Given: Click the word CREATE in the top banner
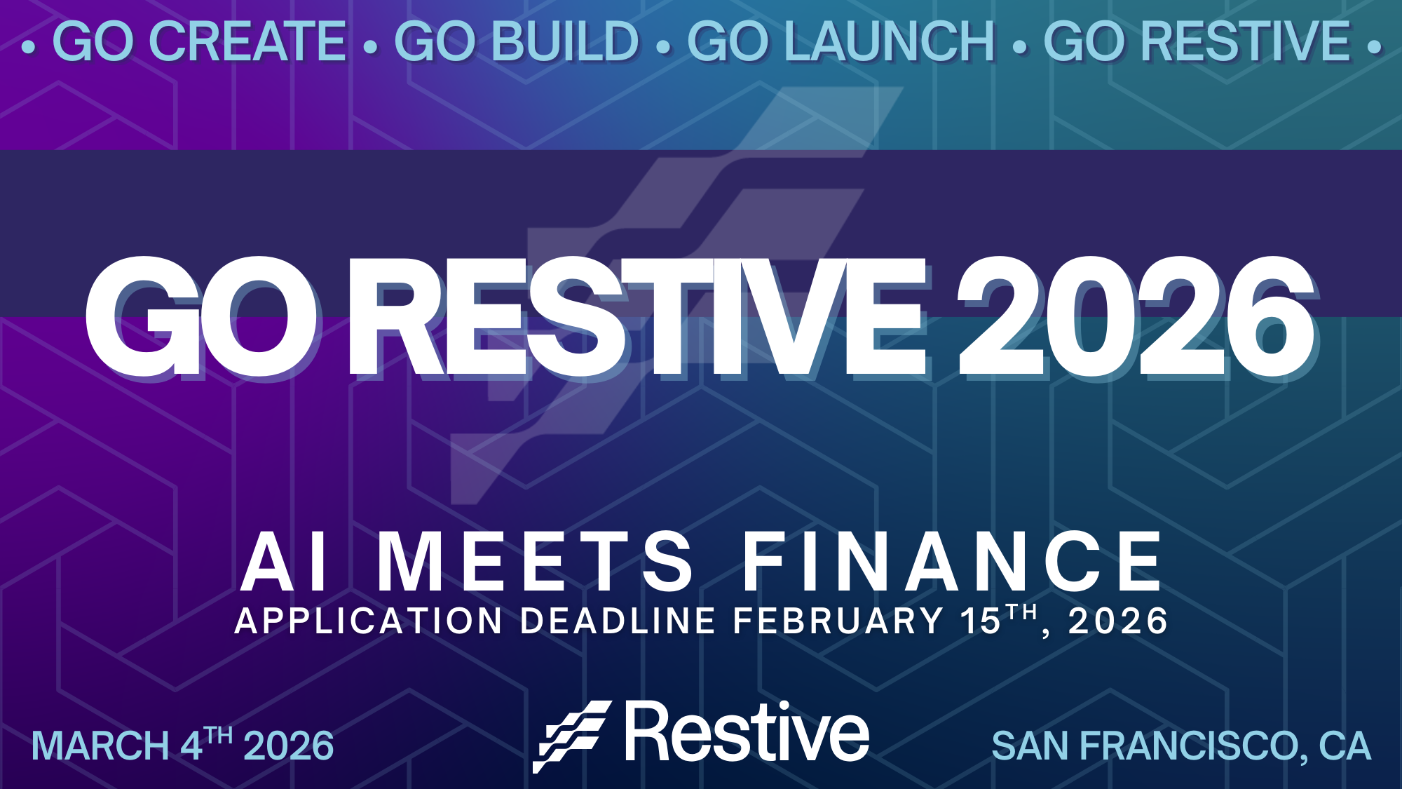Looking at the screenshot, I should pyautogui.click(x=248, y=42).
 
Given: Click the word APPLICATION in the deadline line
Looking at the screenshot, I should pyautogui.click(x=369, y=621).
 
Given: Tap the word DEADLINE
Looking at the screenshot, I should pyautogui.click(x=618, y=621).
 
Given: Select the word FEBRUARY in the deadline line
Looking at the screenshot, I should pyautogui.click(x=838, y=621).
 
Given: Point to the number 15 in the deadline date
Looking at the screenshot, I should pyautogui.click(x=980, y=621).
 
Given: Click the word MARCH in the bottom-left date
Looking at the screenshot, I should pyautogui.click(x=100, y=746).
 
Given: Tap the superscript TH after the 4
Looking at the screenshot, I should pyautogui.click(x=219, y=736).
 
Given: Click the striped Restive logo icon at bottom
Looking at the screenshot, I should pyautogui.click(x=571, y=736).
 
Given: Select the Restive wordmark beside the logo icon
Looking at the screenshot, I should pyautogui.click(x=747, y=733).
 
